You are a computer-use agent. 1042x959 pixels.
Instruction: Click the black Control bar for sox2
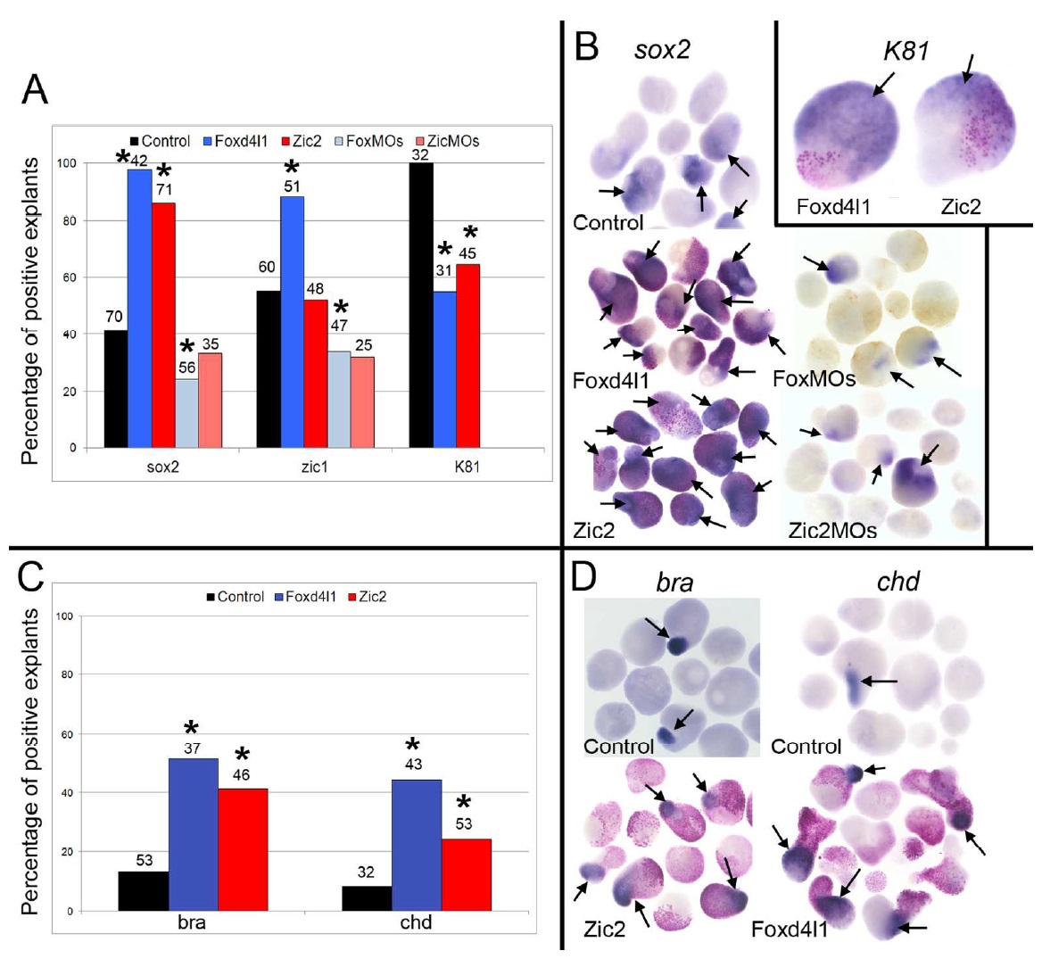coord(115,389)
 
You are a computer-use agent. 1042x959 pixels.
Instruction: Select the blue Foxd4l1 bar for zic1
coord(292,322)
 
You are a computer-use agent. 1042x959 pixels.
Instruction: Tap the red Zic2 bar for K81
coord(467,356)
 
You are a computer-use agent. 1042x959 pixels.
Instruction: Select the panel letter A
coord(35,89)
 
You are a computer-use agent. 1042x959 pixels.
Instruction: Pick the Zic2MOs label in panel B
coord(831,530)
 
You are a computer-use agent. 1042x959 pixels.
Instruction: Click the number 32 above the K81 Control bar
coord(420,154)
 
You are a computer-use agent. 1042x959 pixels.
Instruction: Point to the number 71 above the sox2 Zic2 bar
coord(162,188)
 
